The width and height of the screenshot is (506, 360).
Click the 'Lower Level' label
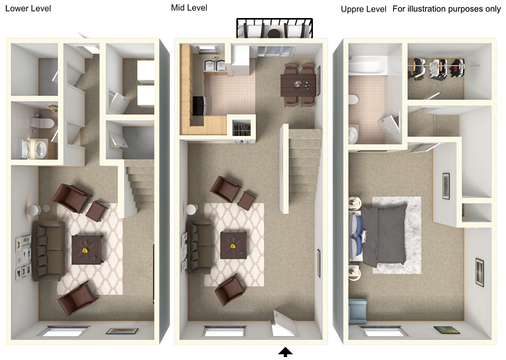click(x=28, y=9)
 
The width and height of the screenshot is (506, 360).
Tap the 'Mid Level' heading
click(x=189, y=8)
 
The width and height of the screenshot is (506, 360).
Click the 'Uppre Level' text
click(x=364, y=9)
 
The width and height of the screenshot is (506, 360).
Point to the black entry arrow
click(x=286, y=352)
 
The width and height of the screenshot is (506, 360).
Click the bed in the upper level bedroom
click(x=377, y=235)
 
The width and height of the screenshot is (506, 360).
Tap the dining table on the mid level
click(x=299, y=85)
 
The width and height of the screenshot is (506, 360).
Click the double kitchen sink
click(x=215, y=64)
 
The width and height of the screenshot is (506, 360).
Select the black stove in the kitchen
click(x=199, y=106)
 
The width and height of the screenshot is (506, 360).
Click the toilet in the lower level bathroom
click(x=42, y=123)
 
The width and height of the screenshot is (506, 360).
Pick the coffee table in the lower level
click(x=87, y=249)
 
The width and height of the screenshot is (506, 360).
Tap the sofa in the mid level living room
click(x=200, y=247)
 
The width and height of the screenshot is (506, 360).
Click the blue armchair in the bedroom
click(x=358, y=311)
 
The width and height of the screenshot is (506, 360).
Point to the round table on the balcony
click(x=274, y=33)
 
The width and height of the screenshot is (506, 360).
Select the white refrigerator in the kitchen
click(x=241, y=60)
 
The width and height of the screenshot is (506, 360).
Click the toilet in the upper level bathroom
click(x=353, y=100)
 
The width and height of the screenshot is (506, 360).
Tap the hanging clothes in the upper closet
click(x=437, y=69)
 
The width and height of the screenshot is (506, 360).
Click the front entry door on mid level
click(x=284, y=324)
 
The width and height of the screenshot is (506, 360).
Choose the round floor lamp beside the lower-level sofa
click(x=33, y=210)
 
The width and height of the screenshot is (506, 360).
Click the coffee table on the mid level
click(x=233, y=245)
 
